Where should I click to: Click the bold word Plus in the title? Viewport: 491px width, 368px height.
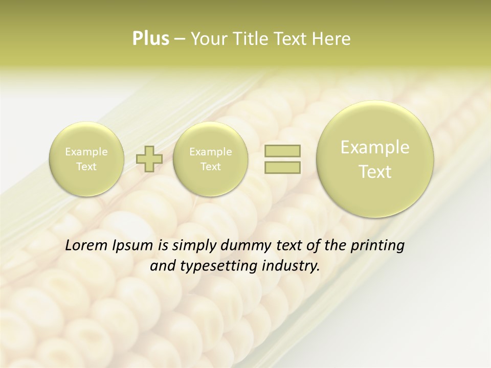pos(150,39)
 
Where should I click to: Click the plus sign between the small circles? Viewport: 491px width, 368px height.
pos(149,159)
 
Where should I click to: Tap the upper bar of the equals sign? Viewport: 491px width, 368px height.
pos(282,151)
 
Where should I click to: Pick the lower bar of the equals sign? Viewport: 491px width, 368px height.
pos(282,167)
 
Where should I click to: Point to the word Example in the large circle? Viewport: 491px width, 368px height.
pos(375,147)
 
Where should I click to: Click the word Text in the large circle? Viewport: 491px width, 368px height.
pos(375,172)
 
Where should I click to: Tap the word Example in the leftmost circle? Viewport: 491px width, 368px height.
pos(86,152)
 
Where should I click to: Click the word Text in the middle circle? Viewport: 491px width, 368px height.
pos(210,167)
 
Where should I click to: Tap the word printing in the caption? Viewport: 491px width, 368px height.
pos(379,246)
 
